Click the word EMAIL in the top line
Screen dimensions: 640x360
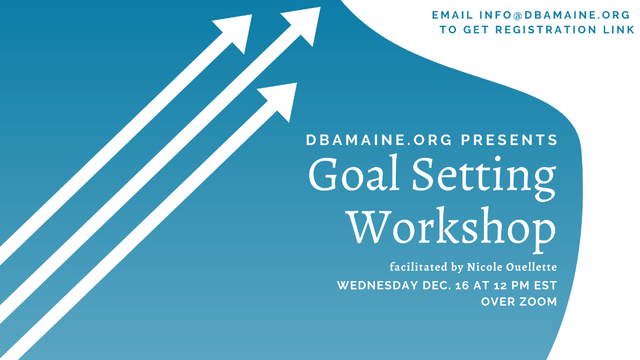(x=452, y=15)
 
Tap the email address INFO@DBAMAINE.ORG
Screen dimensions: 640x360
(x=554, y=15)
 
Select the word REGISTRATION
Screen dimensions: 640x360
(x=546, y=30)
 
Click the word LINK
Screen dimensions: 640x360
(x=619, y=30)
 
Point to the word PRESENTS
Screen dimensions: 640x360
(x=509, y=140)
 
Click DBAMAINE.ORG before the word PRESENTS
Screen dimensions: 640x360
(x=379, y=140)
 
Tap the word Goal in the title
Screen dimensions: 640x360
(x=354, y=174)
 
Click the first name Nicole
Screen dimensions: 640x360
(x=485, y=267)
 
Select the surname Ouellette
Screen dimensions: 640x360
(x=532, y=267)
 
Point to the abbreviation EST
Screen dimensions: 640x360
(x=546, y=285)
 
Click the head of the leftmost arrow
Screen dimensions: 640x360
(x=236, y=32)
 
